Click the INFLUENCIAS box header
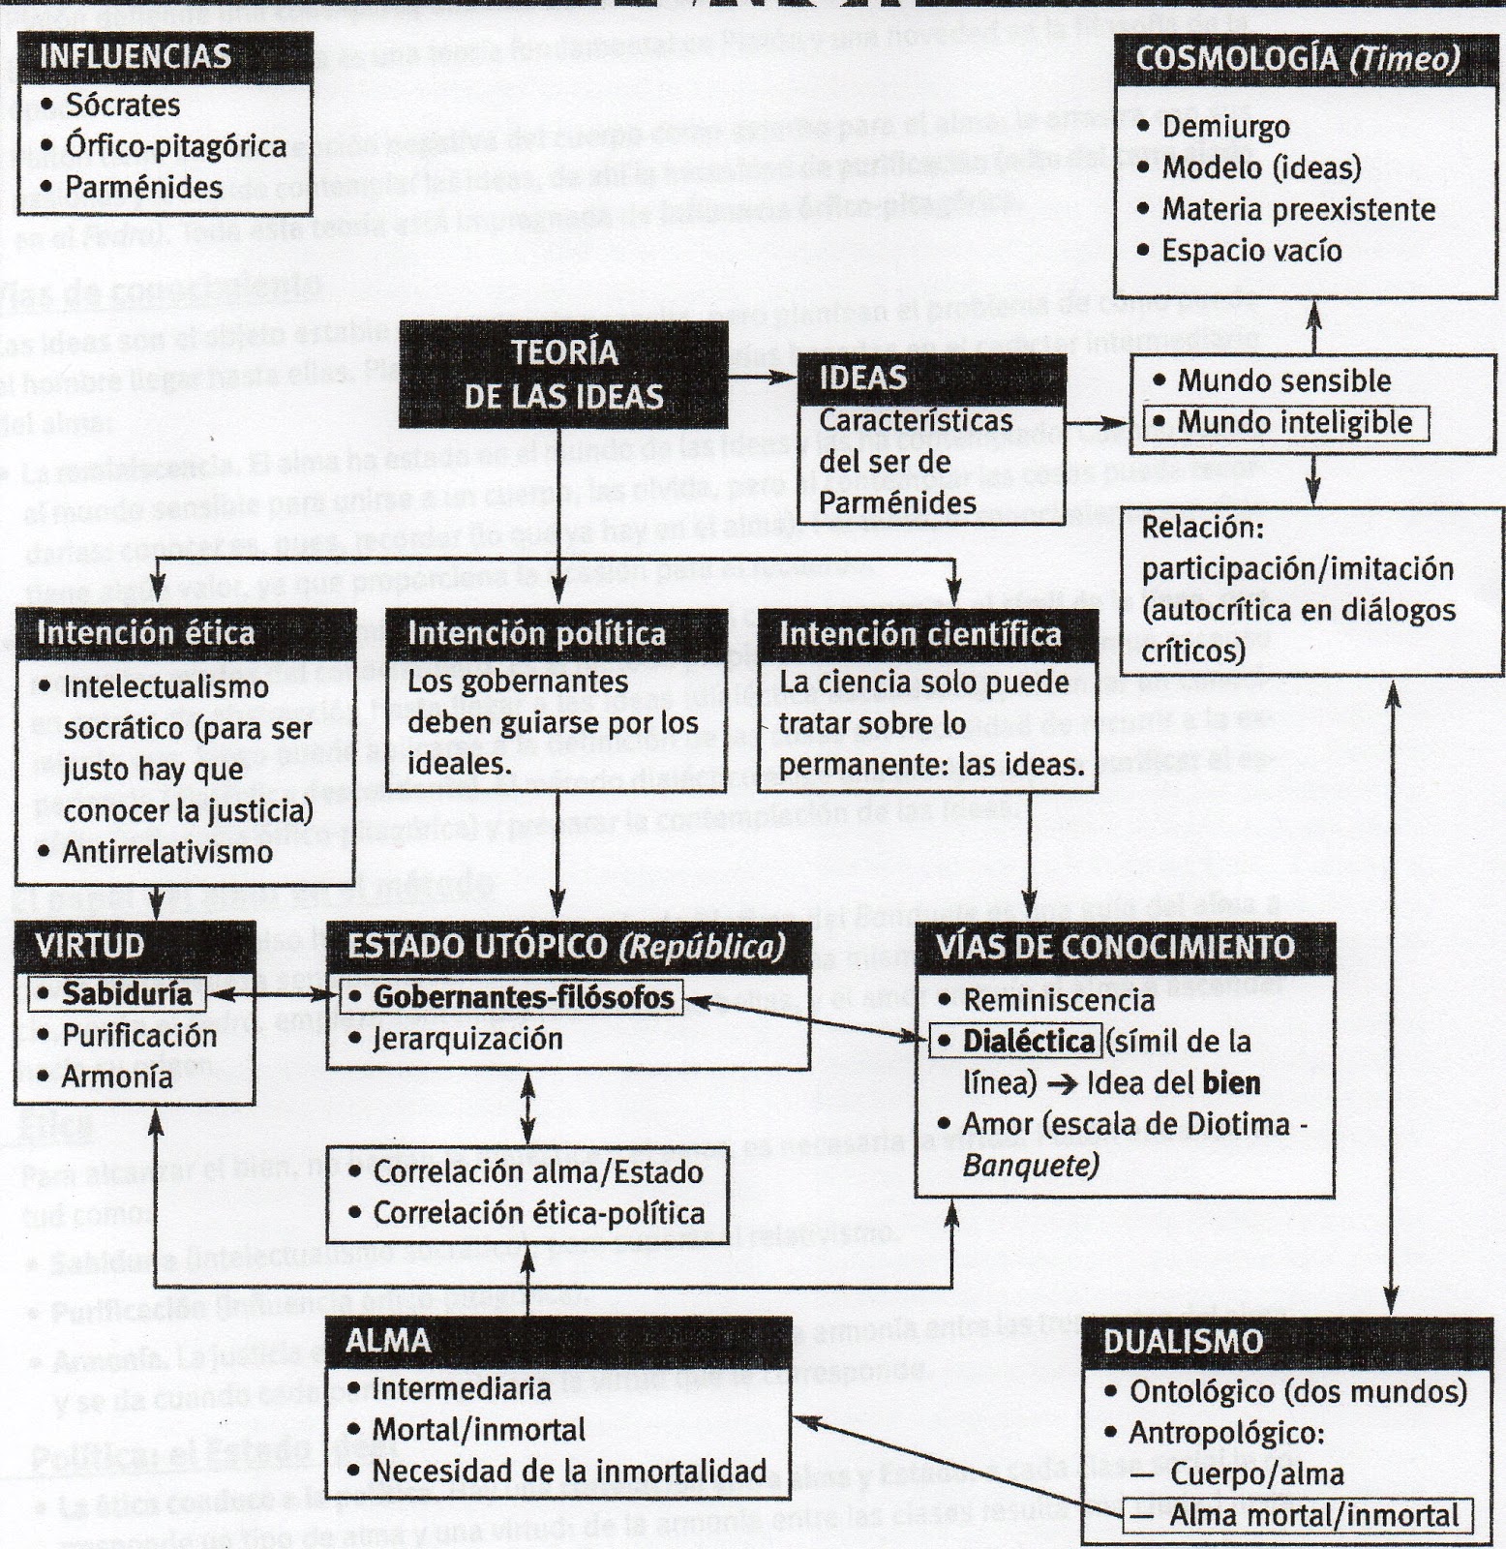136,56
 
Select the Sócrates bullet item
123,105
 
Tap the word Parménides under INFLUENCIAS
144,187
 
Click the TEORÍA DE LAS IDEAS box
563,375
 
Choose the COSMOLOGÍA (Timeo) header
1297,59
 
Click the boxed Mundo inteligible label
1293,423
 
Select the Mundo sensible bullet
1283,381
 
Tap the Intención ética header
145,633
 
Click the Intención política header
536,634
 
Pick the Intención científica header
919,634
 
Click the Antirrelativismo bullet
166,852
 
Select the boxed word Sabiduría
127,994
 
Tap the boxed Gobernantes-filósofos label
523,997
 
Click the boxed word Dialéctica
1028,1042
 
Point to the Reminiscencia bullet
1059,1000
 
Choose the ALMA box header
388,1341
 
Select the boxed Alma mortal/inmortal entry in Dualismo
1312,1515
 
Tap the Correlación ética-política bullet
538,1213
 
